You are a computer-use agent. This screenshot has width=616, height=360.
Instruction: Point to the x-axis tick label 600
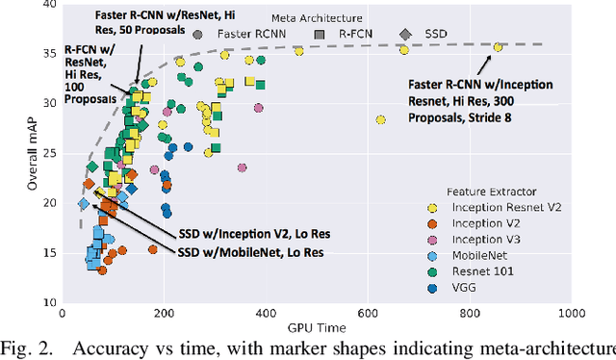367,314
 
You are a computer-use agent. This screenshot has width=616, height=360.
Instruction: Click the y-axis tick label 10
48,302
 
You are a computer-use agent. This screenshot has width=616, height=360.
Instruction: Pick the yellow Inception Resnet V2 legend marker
433,207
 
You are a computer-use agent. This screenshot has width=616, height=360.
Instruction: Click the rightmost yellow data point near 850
498,46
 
